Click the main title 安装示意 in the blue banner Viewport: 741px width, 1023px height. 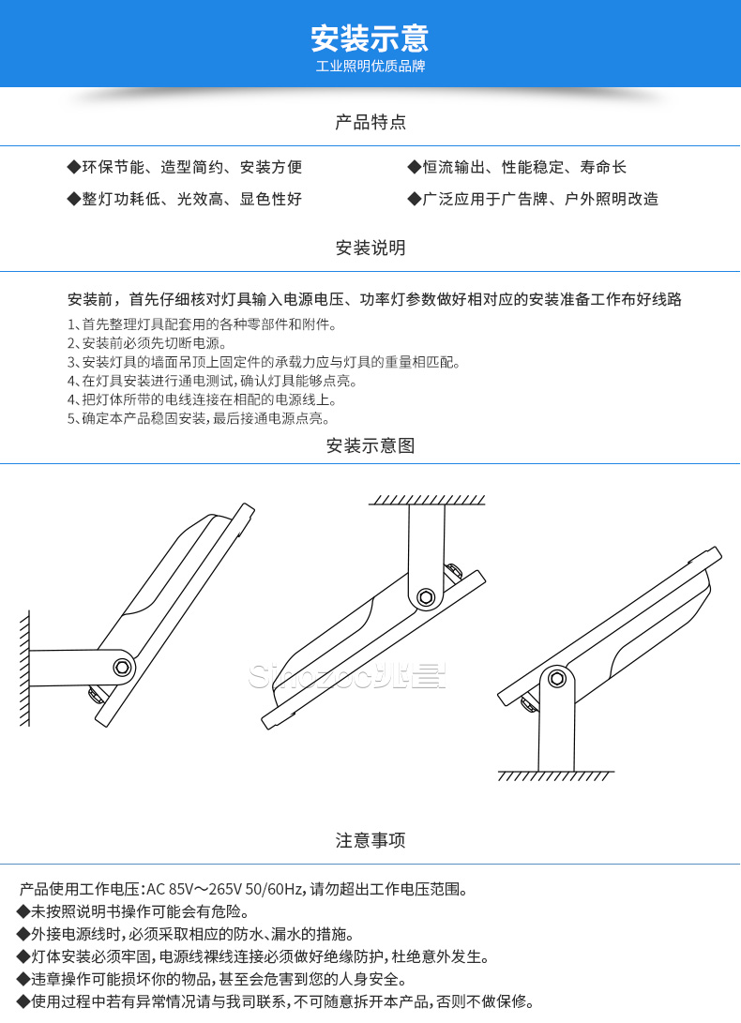[370, 38]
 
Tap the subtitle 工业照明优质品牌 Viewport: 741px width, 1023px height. [370, 68]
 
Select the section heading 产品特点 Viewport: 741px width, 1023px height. [370, 122]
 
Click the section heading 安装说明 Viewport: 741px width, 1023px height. [370, 248]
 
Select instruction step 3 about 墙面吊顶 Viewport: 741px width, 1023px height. [264, 362]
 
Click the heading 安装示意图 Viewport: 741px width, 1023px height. [370, 446]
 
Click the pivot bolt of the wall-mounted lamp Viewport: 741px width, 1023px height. [121, 667]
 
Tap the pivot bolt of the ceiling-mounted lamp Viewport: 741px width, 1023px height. [427, 596]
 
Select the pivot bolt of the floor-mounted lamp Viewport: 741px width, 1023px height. [557, 679]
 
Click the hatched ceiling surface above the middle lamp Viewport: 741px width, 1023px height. [427, 499]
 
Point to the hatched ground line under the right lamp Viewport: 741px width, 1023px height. [555, 776]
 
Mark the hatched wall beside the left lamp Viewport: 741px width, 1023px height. [23, 666]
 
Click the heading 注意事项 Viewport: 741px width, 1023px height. [370, 840]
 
